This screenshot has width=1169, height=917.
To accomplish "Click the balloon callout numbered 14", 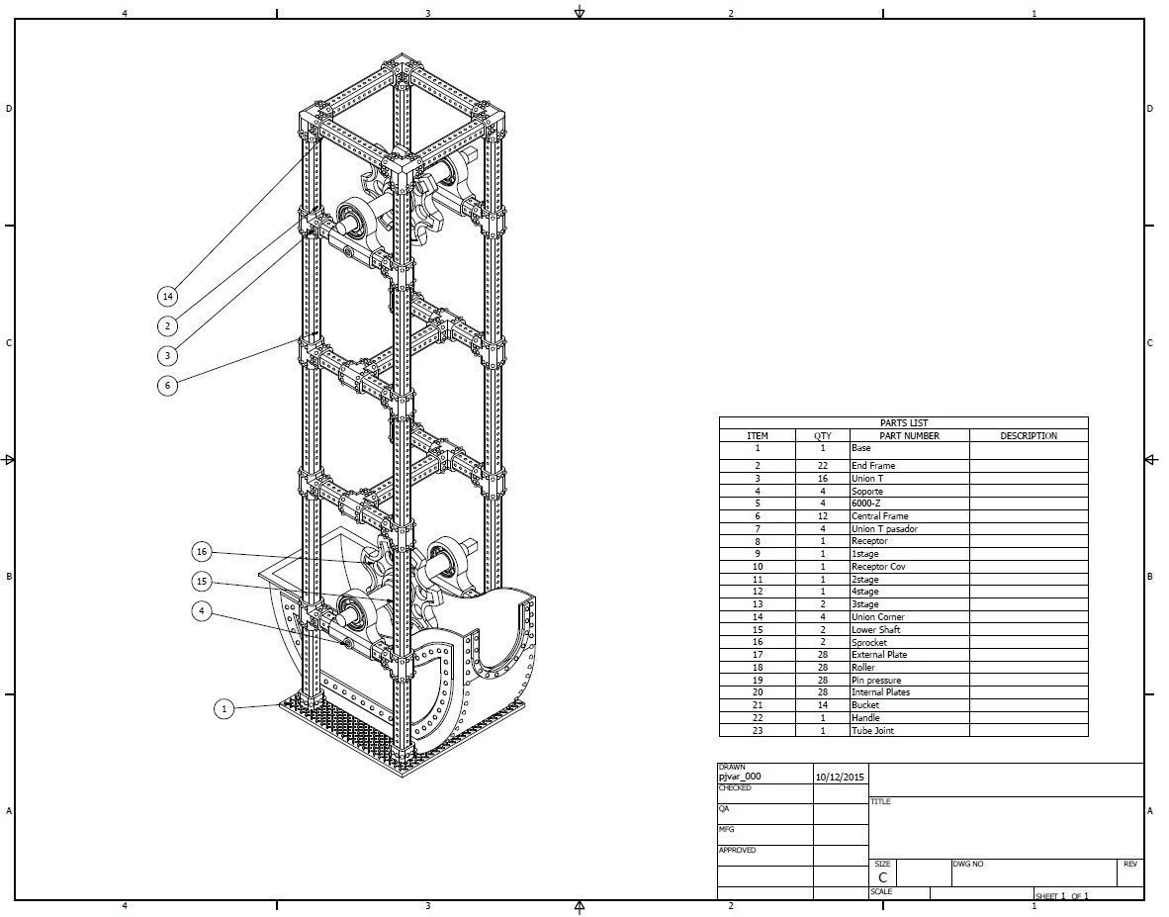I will point(168,296).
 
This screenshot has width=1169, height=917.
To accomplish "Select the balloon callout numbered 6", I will point(168,385).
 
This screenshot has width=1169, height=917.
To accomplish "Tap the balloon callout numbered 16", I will point(202,552).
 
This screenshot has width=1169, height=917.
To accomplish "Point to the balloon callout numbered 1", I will point(225,708).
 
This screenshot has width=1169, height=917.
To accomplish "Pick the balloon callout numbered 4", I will point(202,611).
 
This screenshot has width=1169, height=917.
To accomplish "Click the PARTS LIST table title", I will point(903,422).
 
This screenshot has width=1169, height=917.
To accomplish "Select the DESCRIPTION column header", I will point(1028,435).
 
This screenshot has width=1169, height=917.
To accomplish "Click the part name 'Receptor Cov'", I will point(877,567).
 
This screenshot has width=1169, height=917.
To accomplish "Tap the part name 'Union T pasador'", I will point(883,529).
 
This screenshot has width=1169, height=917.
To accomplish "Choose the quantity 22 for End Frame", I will point(822,466).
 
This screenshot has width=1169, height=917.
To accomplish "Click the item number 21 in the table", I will point(757,705).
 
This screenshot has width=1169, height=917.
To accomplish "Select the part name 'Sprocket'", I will point(869,643).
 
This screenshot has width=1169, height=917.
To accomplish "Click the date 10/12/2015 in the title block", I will point(839,778).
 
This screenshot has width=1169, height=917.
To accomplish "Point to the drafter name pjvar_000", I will point(740,778).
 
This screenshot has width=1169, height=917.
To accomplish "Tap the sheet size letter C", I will point(882,877).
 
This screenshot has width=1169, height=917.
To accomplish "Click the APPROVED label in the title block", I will point(737,851).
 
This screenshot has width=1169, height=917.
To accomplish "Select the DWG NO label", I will point(968,865).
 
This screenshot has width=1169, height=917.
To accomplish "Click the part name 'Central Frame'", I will point(879,516).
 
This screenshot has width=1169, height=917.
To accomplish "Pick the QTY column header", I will point(822,435).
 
